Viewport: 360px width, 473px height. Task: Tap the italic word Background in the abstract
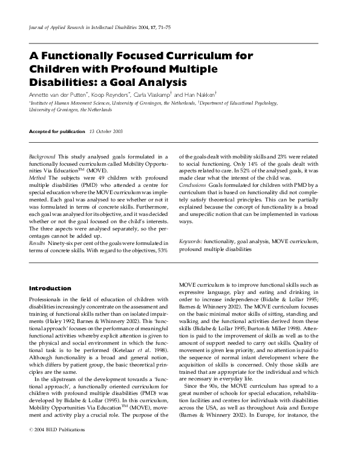(x=42, y=156)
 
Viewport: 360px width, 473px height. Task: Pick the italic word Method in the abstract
(x=38, y=180)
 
